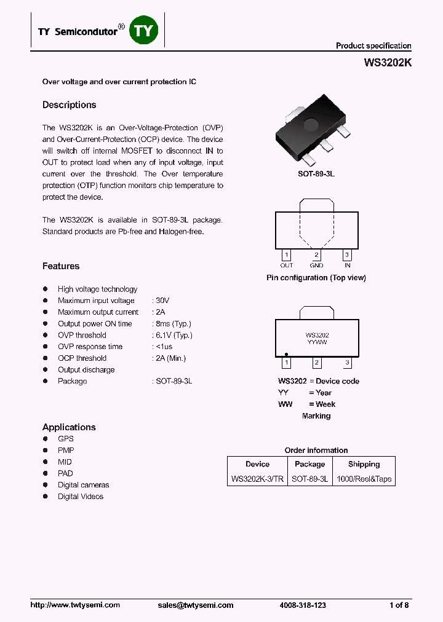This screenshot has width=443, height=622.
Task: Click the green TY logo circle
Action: coord(145,30)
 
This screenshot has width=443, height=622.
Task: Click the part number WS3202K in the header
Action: coord(388,63)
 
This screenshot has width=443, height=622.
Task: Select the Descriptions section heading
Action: coord(69,105)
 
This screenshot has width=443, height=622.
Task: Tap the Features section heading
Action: coord(61,266)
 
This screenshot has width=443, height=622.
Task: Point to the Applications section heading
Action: coord(69,427)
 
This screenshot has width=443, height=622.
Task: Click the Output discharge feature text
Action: coord(86,369)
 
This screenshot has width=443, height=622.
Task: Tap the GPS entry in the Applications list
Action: coord(66,439)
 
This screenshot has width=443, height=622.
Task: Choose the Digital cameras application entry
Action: coord(83,485)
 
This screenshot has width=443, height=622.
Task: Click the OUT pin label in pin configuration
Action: coord(287,266)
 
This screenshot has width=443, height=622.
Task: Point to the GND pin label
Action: coord(316,266)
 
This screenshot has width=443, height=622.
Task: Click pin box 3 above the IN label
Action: coord(347,255)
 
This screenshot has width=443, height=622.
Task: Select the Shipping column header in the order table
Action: coord(364,464)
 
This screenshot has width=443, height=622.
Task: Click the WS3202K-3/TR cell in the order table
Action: coord(257,479)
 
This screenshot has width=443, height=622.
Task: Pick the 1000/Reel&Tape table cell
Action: coord(364,479)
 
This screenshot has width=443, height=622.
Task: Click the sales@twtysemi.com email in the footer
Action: coord(196,605)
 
